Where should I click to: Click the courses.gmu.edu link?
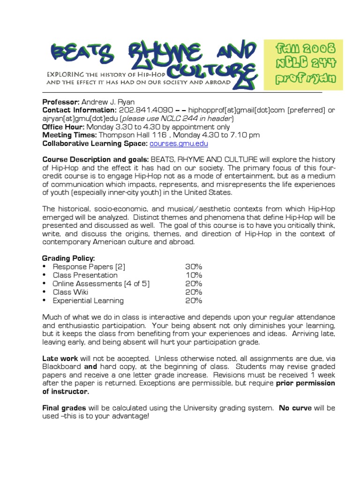tap(178, 144)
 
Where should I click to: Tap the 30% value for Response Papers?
tap(193, 267)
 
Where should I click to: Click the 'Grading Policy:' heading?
tap(68, 258)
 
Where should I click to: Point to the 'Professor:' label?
tap(61, 102)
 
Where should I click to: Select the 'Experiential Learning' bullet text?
tap(88, 300)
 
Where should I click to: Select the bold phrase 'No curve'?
tap(296, 408)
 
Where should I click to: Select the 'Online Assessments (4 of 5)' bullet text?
tap(101, 284)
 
